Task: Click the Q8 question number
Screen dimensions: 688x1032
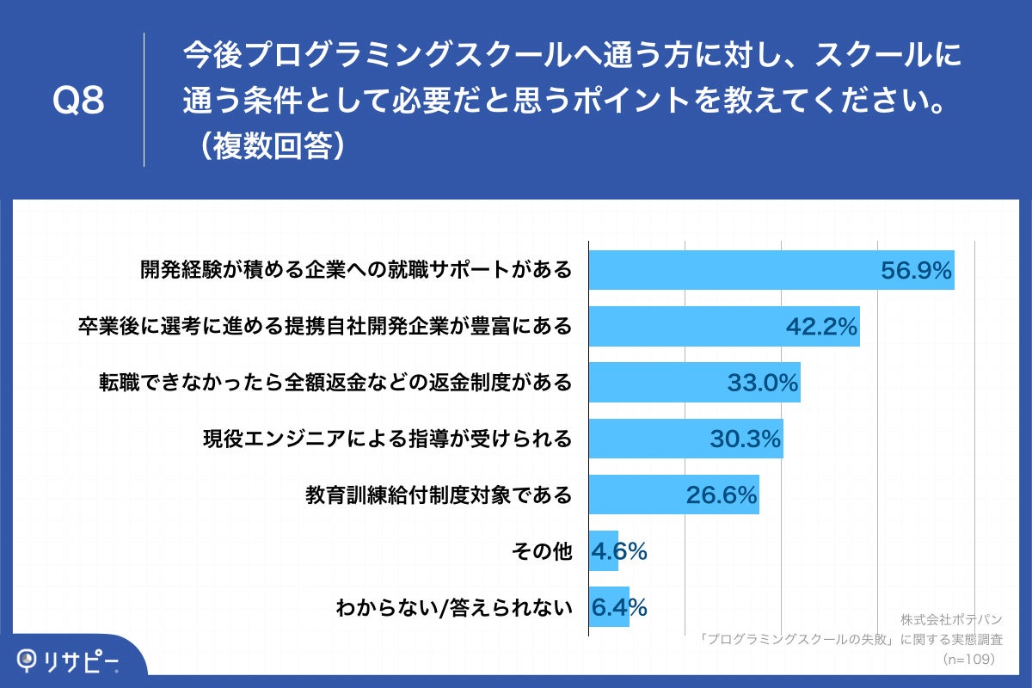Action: click(x=78, y=101)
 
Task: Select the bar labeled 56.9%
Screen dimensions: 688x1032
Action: click(x=771, y=270)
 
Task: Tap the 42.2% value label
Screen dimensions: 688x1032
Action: click(x=821, y=327)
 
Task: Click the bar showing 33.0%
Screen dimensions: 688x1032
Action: click(x=694, y=383)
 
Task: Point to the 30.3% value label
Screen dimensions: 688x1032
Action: click(x=745, y=439)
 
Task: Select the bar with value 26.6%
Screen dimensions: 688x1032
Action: click(x=673, y=494)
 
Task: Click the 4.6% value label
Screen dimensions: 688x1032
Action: click(x=619, y=551)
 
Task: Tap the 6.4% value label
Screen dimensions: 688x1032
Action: click(x=619, y=607)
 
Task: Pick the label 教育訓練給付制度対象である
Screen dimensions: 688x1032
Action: click(x=439, y=495)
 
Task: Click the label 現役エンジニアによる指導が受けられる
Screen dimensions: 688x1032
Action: click(x=387, y=439)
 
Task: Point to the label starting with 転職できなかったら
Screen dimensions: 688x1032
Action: click(x=335, y=383)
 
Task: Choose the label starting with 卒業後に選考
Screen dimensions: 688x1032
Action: click(x=324, y=327)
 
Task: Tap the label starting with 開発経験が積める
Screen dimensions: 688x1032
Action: click(x=356, y=270)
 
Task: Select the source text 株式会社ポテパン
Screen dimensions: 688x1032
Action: click(x=951, y=620)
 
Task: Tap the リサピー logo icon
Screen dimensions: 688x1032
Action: click(x=29, y=660)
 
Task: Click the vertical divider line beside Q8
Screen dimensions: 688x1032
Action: click(x=144, y=100)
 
